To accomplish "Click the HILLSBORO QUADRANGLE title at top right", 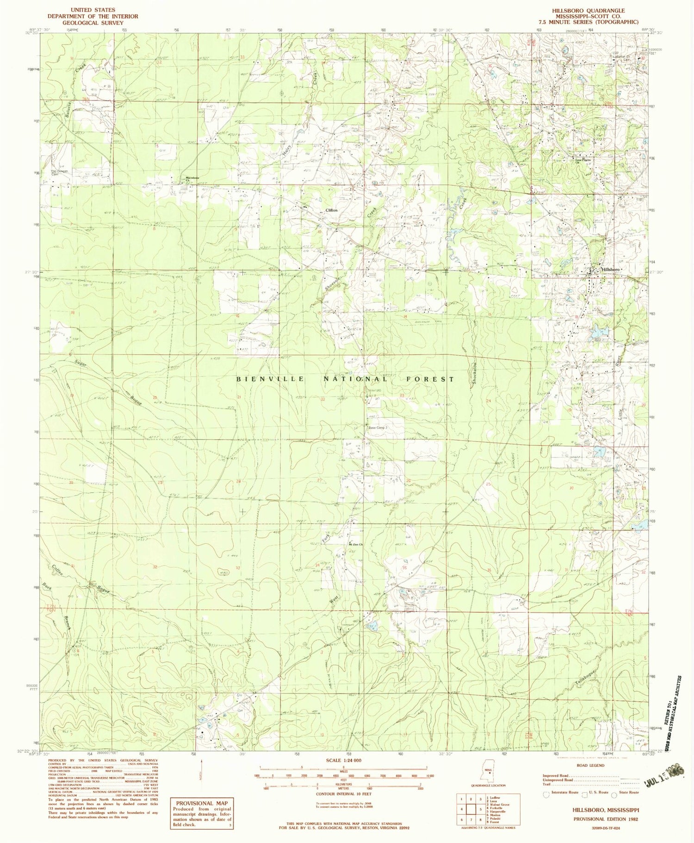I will point(588,10).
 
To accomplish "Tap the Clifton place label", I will point(331,210).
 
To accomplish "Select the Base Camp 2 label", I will point(378,428).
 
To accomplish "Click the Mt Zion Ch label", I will point(355,544).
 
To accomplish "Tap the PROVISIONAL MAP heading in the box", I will point(202,803).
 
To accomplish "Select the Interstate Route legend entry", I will point(562,792).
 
